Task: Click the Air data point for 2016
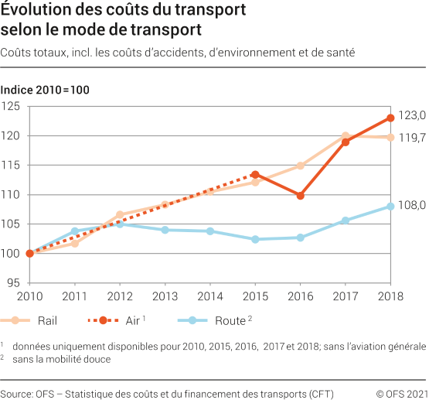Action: pos(301,196)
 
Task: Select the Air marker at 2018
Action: pos(391,118)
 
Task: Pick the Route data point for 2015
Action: pos(255,239)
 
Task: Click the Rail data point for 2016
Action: pos(301,166)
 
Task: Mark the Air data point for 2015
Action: pos(255,175)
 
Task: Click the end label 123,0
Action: pos(412,115)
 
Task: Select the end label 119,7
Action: pos(412,138)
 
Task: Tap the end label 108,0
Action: pos(412,206)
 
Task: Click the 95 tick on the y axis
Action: pos(14,282)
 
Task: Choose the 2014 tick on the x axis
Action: pos(210,296)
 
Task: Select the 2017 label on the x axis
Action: pos(346,296)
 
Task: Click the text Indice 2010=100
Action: pos(45,90)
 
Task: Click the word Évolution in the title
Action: pos(36,11)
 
